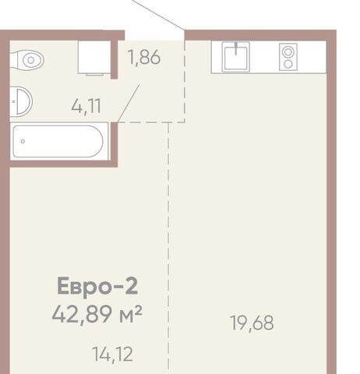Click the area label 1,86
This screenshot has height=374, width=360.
144,57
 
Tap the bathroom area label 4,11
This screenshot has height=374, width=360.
86,106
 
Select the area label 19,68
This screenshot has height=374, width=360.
252,323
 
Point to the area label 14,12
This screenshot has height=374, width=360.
112,355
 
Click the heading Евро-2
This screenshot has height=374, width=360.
97,286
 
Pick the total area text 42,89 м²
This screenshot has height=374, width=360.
97,315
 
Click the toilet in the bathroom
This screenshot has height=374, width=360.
27,60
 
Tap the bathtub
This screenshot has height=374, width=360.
59,141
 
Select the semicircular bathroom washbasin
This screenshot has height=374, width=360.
21,101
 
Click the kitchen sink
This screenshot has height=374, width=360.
236,57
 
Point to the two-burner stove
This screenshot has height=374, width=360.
288,57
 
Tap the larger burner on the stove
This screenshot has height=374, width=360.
288,52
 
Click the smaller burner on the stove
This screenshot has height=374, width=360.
288,64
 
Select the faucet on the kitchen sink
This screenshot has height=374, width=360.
236,49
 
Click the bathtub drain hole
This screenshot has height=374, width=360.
23,141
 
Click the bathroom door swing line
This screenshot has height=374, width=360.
129,103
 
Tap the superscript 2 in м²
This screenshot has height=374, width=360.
139,310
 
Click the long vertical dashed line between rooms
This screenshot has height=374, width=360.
168,248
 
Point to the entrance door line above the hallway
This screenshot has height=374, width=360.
157,15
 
